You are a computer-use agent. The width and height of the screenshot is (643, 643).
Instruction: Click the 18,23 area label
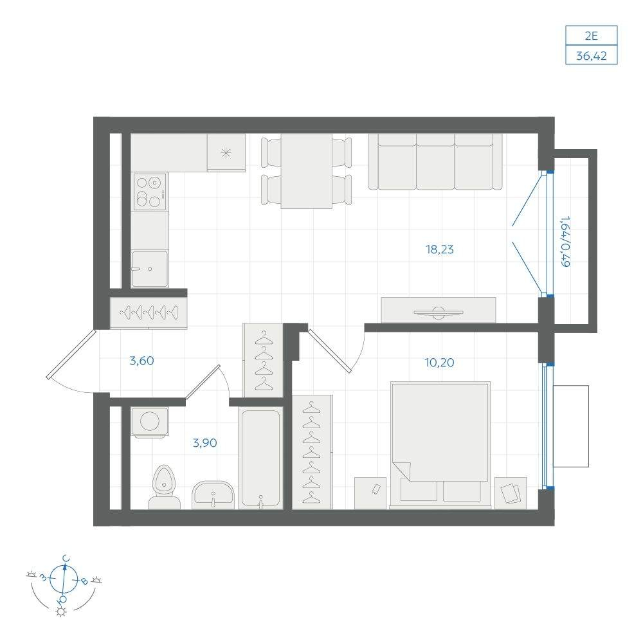[440, 249]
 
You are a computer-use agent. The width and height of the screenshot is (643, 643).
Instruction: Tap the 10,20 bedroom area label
[439, 363]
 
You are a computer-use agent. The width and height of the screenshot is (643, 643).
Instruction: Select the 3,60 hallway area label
[141, 361]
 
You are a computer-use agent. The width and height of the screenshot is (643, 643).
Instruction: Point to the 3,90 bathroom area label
[204, 443]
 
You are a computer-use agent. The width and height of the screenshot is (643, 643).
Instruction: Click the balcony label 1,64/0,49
[565, 242]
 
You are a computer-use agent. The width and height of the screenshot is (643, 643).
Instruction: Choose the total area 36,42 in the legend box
[592, 55]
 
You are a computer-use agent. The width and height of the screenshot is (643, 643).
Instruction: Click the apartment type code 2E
[592, 36]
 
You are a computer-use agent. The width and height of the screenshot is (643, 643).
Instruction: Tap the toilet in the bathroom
[164, 487]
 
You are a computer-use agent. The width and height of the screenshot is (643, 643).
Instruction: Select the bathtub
[261, 458]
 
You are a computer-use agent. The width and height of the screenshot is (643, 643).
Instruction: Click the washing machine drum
[150, 421]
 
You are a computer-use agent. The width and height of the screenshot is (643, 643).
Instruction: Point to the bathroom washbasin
[213, 495]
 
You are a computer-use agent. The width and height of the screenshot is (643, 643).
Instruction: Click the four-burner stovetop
[150, 192]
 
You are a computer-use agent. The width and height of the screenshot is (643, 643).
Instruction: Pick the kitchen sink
[150, 269]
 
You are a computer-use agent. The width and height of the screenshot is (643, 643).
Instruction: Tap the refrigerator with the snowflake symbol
[226, 152]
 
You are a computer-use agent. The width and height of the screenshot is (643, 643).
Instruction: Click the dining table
[306, 171]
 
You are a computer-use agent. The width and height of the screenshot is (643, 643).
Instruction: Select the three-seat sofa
[435, 162]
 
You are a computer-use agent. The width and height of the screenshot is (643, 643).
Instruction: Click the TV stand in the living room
[439, 310]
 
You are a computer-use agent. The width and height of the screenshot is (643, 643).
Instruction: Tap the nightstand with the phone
[370, 493]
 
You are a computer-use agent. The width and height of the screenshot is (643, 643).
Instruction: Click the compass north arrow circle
[64, 579]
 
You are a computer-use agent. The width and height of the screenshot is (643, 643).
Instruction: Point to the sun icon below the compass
[61, 612]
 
